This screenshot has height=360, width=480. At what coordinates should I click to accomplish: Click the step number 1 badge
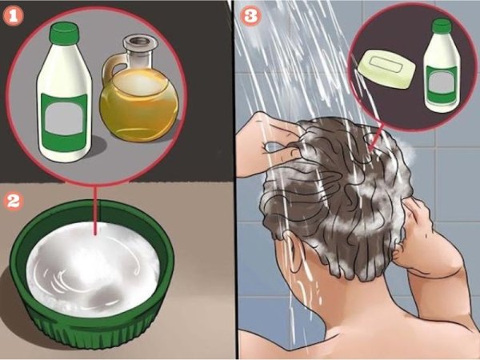click(13, 17)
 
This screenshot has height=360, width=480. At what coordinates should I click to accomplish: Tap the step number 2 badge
click(13, 201)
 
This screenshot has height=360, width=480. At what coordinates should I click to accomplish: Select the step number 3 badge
click(251, 16)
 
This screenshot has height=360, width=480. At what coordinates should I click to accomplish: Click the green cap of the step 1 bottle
click(65, 33)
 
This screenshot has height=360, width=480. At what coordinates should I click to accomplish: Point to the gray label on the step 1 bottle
click(64, 118)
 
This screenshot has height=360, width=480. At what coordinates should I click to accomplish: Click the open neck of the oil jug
click(141, 42)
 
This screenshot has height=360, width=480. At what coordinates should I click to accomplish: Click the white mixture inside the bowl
click(93, 266)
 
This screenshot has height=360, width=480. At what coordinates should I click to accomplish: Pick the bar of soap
click(387, 69)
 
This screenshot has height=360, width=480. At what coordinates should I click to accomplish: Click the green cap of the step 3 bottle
click(441, 26)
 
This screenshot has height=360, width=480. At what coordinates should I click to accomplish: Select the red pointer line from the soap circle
click(376, 137)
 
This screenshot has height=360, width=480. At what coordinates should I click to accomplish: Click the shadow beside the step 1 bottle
click(97, 147)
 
